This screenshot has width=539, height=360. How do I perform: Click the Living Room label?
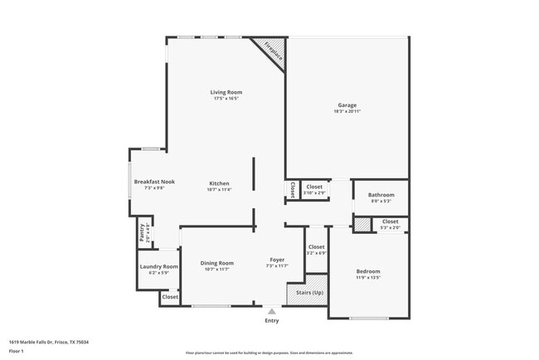point(226,92)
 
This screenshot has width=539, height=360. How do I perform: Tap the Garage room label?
point(347,105)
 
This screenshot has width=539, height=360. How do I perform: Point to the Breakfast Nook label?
point(155,182)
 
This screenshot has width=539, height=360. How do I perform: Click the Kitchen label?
point(219,183)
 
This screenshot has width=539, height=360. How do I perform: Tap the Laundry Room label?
point(158,266)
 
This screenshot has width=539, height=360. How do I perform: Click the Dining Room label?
point(216,263)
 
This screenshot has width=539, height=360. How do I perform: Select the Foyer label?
point(277,260)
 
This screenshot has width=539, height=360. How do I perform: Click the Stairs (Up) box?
point(306,294)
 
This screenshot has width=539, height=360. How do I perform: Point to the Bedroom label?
point(368,271)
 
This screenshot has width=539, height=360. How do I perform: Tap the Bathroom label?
point(382,195)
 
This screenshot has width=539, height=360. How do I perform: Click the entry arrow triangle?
point(271,311)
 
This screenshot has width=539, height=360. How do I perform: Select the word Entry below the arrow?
point(271,320)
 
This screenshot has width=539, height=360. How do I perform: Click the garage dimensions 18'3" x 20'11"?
point(347,112)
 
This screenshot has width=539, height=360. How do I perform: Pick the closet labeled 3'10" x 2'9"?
point(314,190)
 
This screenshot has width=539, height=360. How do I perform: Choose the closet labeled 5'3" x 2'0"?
point(390,224)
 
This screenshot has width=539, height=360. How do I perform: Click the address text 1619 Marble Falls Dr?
point(49,342)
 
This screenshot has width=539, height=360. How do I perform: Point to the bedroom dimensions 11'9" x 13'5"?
point(368,278)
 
